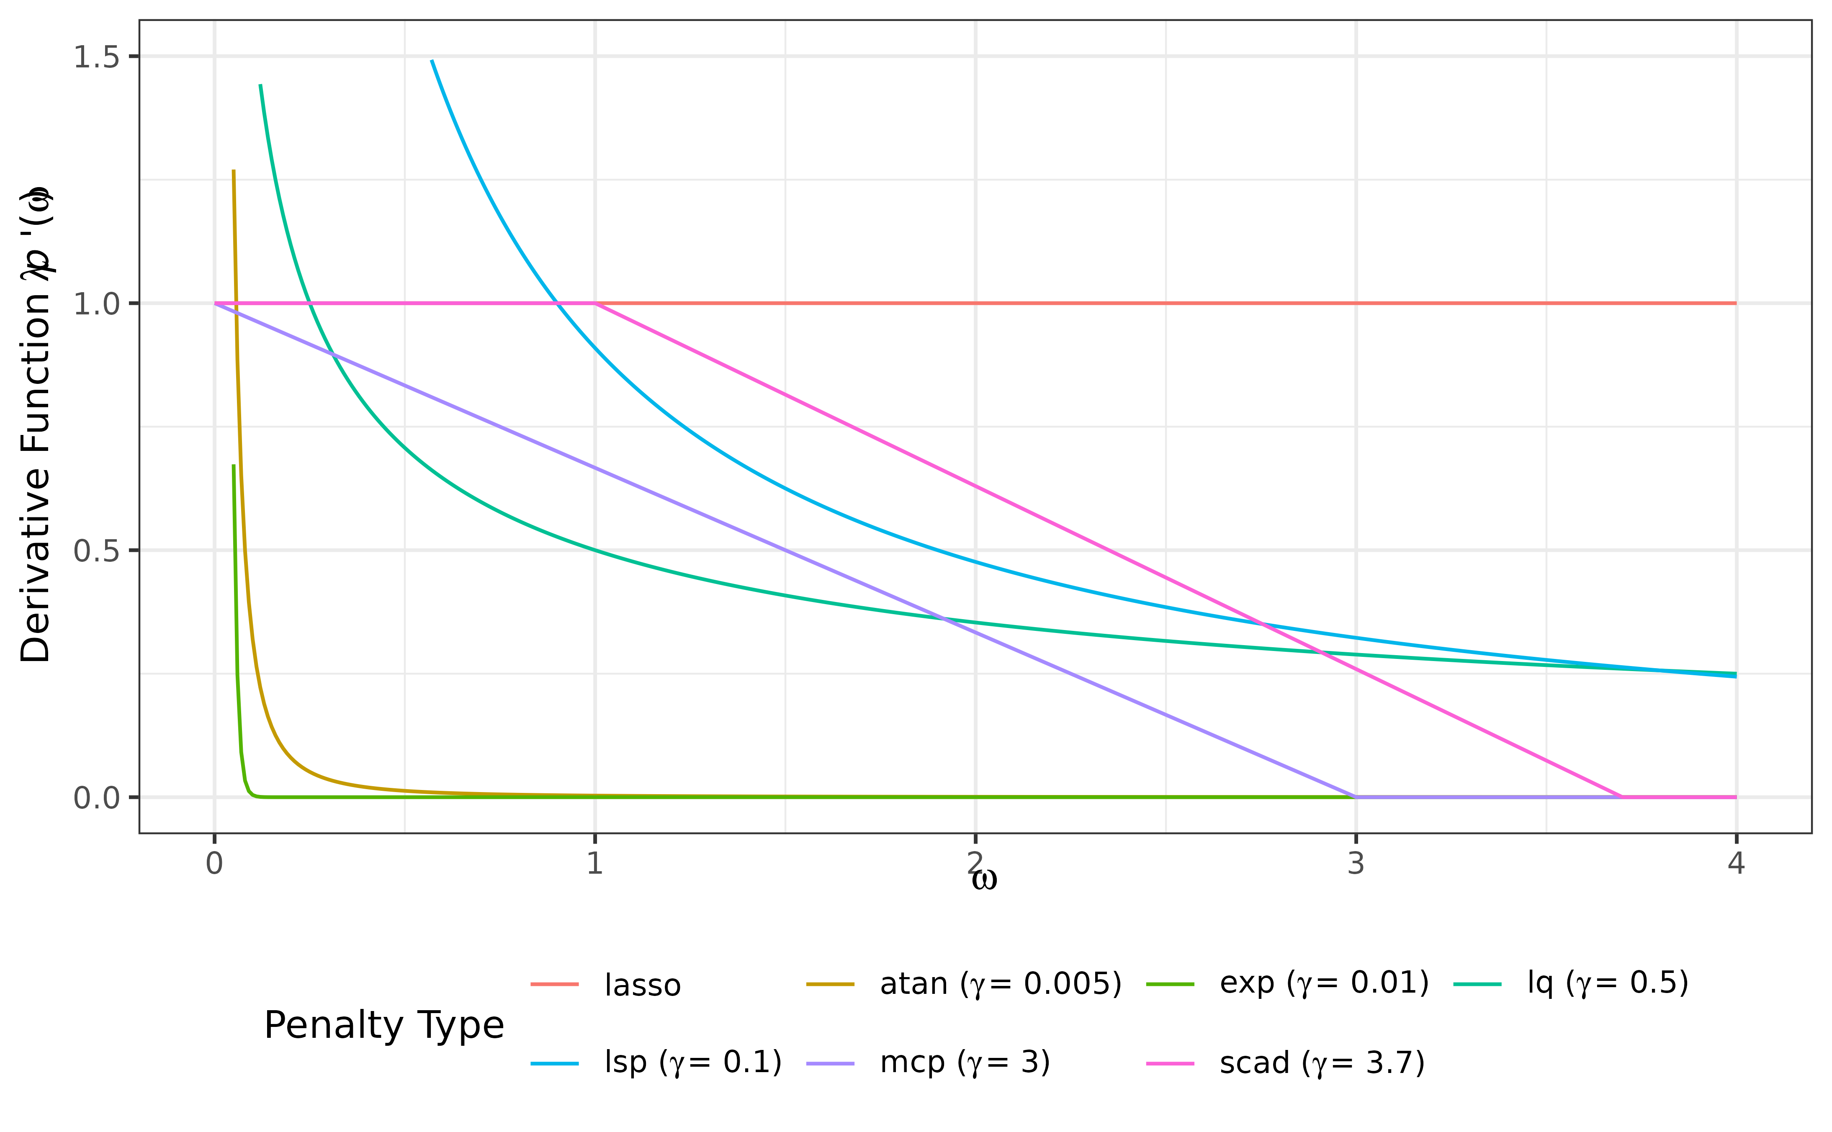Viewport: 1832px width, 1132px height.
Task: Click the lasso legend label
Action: click(x=642, y=985)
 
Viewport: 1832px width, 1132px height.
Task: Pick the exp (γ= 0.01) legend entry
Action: click(x=1324, y=983)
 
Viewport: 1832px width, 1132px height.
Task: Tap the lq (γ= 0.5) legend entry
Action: click(x=1608, y=983)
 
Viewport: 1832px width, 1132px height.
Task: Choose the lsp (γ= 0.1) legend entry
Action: click(x=692, y=1063)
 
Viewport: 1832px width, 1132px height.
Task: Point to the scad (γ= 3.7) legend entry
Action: click(x=1321, y=1063)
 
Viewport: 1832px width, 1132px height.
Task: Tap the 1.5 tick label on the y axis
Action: click(x=97, y=57)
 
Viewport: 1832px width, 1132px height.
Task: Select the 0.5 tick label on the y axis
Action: click(x=97, y=551)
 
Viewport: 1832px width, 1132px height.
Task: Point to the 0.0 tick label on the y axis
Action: click(x=97, y=798)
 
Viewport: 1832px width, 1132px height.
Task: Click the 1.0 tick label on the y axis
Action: click(x=97, y=304)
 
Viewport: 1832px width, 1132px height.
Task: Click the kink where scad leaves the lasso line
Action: click(x=595, y=303)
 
